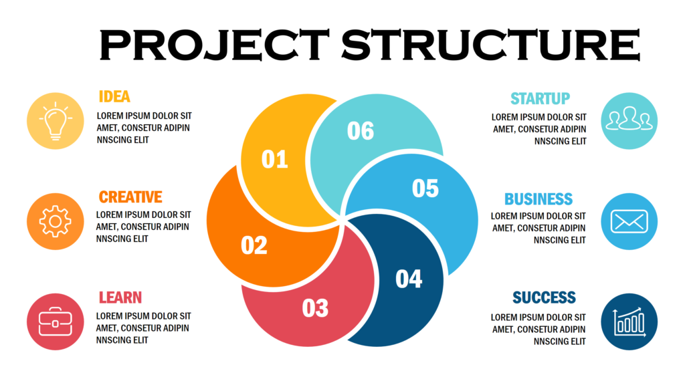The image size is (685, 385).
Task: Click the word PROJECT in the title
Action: [x=214, y=44]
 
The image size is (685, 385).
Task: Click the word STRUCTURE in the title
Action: [x=490, y=44]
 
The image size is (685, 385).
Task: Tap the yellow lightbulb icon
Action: [x=56, y=121]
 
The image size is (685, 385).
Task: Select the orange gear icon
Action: [x=56, y=221]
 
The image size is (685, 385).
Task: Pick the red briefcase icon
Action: [x=56, y=322]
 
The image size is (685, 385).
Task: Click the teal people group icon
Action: [x=629, y=121]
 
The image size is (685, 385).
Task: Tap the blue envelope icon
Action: [x=629, y=221]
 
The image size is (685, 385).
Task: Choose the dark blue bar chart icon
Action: [x=629, y=322]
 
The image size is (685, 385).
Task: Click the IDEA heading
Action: [x=114, y=96]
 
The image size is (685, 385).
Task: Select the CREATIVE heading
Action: [x=130, y=197]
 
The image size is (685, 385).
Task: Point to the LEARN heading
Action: [x=120, y=297]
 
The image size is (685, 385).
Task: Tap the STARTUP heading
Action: [x=541, y=99]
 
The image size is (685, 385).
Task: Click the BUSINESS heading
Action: [x=539, y=199]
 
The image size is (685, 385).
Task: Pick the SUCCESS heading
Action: [x=544, y=297]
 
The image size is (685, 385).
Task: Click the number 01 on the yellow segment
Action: [x=275, y=159]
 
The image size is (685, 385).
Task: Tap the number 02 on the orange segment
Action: [x=254, y=245]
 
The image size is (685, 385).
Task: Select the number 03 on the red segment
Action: [x=316, y=308]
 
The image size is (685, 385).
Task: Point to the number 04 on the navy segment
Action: [x=409, y=279]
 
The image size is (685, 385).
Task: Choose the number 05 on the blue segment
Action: [x=425, y=188]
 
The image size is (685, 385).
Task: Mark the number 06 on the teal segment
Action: [x=361, y=131]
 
